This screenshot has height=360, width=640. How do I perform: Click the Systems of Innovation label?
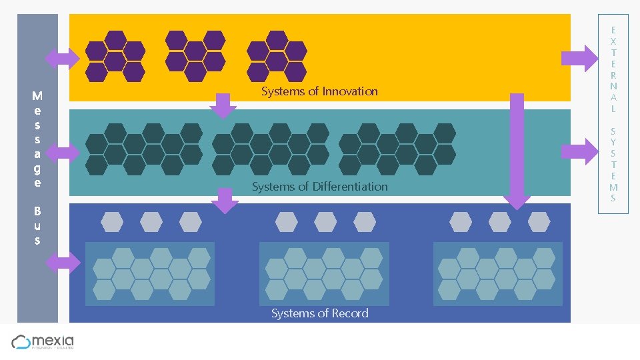pos(319,91)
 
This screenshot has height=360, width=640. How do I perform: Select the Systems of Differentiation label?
pos(319,187)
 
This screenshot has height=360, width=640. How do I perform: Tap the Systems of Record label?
pos(319,313)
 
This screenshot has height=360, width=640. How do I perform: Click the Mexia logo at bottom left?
pos(43,342)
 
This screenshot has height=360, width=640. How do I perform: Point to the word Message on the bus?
pos(37,139)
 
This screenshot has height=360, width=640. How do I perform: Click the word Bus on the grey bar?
pos(37,225)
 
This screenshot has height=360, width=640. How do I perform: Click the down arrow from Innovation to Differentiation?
pos(223,105)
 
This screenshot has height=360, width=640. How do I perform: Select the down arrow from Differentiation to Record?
pos(225,201)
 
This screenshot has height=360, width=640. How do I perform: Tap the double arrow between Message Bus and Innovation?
pos(61,58)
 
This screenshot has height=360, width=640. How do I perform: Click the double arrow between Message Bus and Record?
pos(62,263)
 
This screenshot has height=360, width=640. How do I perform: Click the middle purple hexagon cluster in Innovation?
pos(195,56)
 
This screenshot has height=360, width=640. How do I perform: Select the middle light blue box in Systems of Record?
pos(324,274)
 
